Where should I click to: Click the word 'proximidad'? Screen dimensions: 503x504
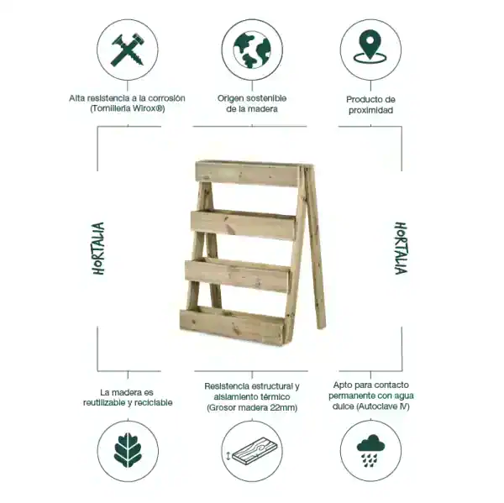[370, 110]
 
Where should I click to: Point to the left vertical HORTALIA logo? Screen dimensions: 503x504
[98, 249]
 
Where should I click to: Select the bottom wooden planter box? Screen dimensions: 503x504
[234, 324]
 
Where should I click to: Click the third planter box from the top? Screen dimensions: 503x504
[239, 275]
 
